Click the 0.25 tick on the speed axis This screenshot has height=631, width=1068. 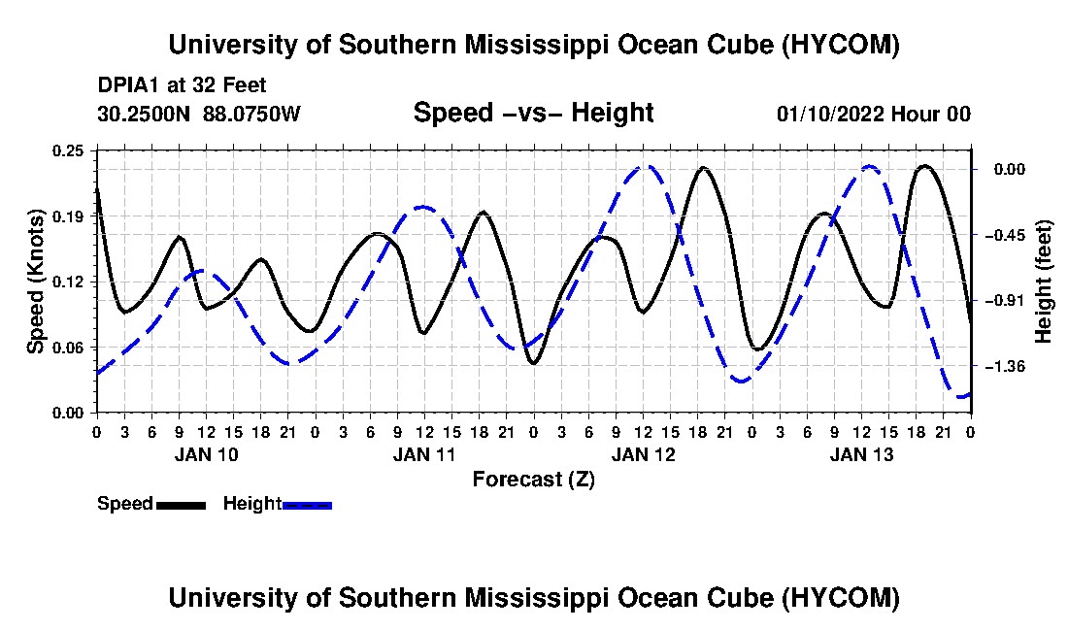[67, 150]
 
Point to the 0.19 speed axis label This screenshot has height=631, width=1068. [67, 216]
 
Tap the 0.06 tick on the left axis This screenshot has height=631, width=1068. [67, 348]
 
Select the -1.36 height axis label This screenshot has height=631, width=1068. [1008, 367]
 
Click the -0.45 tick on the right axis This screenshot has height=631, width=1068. [1008, 236]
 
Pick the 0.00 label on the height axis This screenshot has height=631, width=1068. [1011, 170]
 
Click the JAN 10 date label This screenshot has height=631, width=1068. [207, 454]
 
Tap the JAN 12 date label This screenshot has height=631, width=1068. [643, 454]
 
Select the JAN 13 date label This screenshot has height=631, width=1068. [861, 454]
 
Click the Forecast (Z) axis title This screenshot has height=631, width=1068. [534, 480]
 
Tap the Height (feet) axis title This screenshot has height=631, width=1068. [1043, 282]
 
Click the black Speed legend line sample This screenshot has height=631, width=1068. [181, 505]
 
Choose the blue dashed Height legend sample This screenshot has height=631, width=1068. [307, 505]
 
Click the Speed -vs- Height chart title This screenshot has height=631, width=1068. [534, 113]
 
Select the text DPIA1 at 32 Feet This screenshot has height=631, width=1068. [182, 85]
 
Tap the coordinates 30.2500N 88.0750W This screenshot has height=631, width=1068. [198, 114]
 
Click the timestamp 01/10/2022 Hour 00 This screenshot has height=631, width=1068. [874, 114]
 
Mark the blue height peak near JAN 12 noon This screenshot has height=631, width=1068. [644, 166]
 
